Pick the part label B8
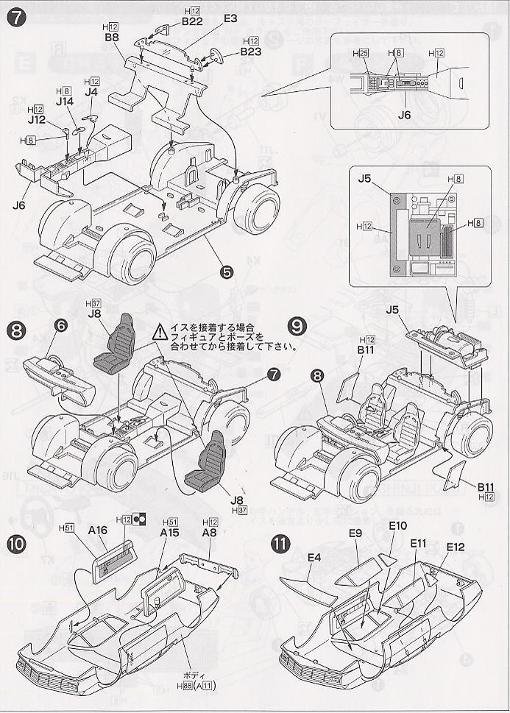pyautogui.click(x=112, y=37)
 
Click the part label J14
pyautogui.click(x=63, y=104)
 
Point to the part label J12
pyautogui.click(x=37, y=119)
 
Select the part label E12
pyautogui.click(x=456, y=547)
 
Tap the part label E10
pyautogui.click(x=398, y=527)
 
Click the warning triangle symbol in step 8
pyautogui.click(x=159, y=333)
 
